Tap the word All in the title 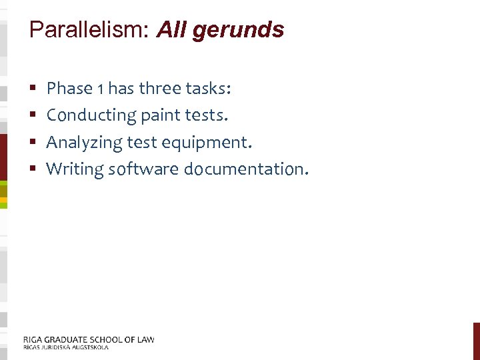tap(172, 30)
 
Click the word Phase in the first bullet tap(69, 88)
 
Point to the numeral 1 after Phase tap(100, 89)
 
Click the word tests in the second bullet tap(205, 115)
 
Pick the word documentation tap(245, 169)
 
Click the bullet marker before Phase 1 tap(33, 89)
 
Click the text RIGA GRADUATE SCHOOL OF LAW tap(89, 339)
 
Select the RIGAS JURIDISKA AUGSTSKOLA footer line tap(65, 347)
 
